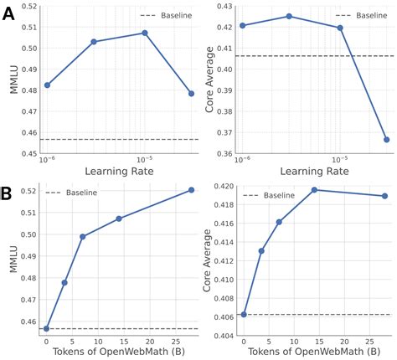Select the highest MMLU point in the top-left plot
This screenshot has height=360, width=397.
click(x=145, y=33)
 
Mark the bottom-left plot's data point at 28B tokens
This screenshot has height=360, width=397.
click(x=191, y=190)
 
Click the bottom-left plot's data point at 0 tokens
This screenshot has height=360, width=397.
click(x=46, y=328)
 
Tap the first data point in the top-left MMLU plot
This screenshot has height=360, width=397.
click(x=47, y=85)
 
